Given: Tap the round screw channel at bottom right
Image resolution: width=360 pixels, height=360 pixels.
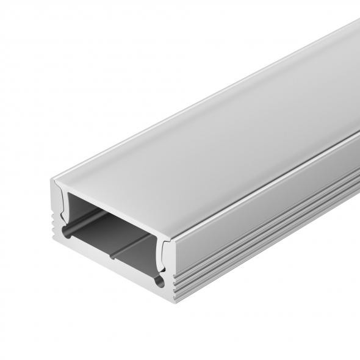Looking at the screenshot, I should pyautogui.click(x=160, y=283).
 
